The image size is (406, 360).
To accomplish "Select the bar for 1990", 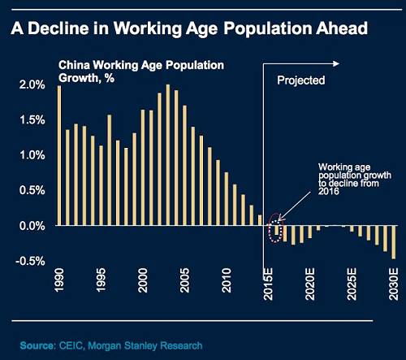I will pyautogui.click(x=59, y=155).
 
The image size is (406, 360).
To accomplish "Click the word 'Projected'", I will pyautogui.click(x=301, y=80).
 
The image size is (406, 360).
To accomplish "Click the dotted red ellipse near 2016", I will pyautogui.click(x=277, y=228).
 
